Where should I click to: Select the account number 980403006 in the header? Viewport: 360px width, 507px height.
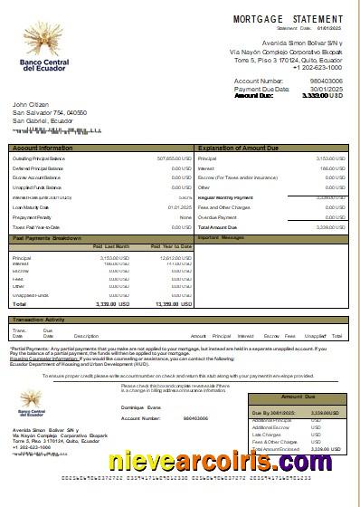pyautogui.click(x=326, y=81)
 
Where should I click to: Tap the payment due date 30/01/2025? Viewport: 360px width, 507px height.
pyautogui.click(x=327, y=89)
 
